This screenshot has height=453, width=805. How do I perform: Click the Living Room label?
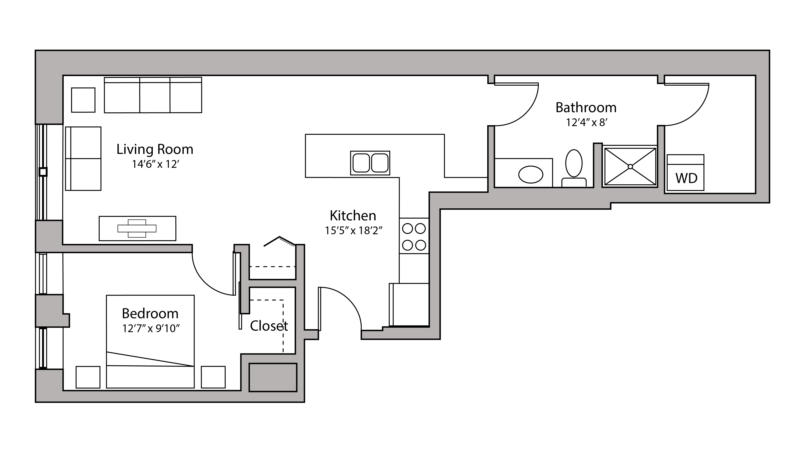point(155,149)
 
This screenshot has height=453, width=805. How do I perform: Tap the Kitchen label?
point(353,215)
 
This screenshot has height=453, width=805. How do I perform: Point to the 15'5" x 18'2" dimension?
point(354,231)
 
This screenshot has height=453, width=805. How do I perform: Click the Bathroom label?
point(586,108)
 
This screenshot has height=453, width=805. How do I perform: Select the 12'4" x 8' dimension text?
point(586,122)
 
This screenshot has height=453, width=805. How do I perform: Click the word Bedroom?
point(150,313)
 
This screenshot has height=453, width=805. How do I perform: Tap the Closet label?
point(269,326)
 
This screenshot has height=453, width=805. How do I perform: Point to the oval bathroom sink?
point(531,174)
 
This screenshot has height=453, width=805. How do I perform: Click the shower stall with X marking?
point(630,166)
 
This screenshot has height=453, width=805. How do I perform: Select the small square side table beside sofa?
point(83,100)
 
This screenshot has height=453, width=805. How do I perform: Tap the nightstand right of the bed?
point(213,377)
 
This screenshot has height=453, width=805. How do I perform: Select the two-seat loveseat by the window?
point(83,158)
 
